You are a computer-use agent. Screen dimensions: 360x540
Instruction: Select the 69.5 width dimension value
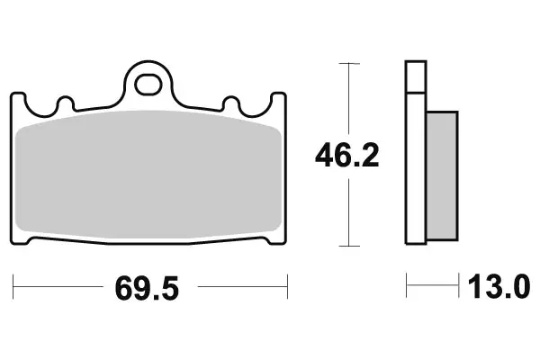coord(148,290)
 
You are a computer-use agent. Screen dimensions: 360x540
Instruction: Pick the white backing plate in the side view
coord(415,171)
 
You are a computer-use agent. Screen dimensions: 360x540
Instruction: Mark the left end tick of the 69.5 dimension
coord(15,289)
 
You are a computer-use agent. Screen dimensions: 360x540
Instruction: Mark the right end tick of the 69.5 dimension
coord(287,289)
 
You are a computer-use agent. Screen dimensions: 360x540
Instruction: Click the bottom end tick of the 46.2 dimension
coord(346,245)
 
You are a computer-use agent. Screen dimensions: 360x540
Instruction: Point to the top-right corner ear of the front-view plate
coord(275,101)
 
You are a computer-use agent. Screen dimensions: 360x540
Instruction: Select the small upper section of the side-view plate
coord(415,76)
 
